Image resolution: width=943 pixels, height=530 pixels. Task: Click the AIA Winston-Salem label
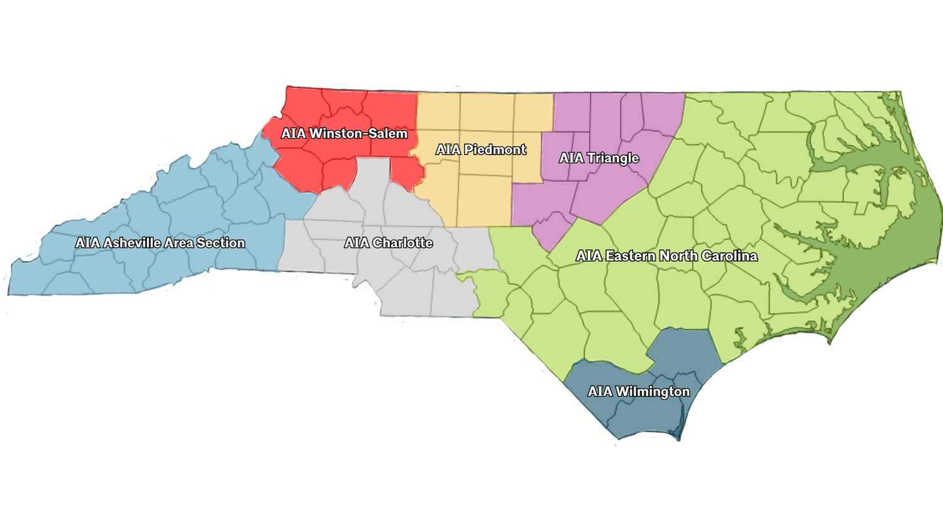point(345,134)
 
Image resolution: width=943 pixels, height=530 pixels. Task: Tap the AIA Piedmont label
point(481,149)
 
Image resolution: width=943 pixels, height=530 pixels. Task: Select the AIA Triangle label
point(599,158)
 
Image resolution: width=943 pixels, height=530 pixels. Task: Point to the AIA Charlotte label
point(389,243)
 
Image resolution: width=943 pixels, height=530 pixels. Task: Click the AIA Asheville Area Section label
point(160,243)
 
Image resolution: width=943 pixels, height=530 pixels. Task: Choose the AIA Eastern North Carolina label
point(666,256)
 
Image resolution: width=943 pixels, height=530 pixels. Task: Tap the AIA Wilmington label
point(639,392)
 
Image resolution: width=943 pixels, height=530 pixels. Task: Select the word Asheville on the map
point(130,243)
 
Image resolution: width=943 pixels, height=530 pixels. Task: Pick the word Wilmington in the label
point(653,392)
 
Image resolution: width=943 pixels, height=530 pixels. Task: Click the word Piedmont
point(495,149)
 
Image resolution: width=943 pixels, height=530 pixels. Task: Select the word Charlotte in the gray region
point(402,243)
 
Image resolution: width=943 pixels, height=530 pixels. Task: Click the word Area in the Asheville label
point(179,243)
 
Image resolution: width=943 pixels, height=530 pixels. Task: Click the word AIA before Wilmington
point(600,392)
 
